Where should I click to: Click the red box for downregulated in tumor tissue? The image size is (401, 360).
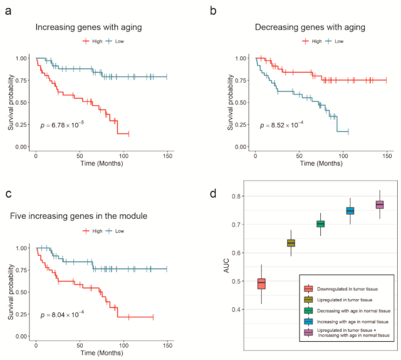point(261,283)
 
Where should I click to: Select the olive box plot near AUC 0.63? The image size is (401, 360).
point(291,243)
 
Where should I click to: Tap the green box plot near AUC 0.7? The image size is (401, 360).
point(320,224)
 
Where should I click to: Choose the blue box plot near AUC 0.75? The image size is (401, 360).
point(350,211)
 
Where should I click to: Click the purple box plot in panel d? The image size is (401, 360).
point(379,205)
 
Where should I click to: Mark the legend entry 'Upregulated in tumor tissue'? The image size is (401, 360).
point(338,299)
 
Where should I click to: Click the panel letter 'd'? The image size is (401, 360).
point(214,193)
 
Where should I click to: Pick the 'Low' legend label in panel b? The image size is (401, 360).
point(339,41)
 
